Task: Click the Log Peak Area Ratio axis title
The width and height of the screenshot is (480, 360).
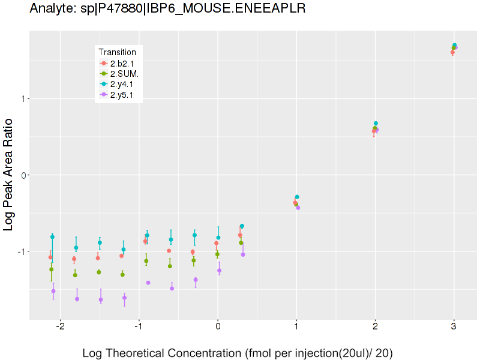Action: click(9, 175)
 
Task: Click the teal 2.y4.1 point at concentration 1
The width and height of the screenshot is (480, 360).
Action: click(297, 197)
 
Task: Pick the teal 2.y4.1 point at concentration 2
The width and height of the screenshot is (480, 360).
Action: click(376, 124)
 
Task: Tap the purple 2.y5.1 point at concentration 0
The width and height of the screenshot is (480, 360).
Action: click(219, 271)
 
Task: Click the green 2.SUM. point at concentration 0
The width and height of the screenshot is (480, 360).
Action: click(217, 254)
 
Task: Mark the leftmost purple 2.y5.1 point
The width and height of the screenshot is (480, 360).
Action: click(53, 291)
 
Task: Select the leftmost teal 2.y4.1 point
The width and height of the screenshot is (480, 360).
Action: click(52, 237)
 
